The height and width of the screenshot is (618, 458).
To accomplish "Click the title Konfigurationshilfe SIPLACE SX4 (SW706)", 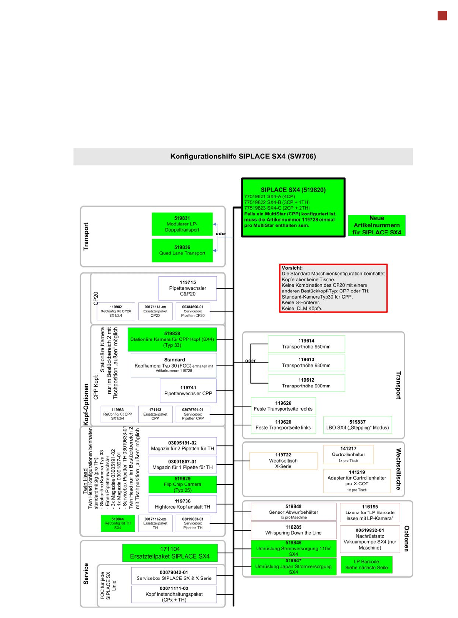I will pos(243,156).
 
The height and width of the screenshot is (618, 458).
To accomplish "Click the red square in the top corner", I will pos(442,16).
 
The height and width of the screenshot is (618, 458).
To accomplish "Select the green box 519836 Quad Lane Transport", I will pos(182,250).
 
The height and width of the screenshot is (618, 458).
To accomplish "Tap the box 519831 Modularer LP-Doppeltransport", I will pos(182,224).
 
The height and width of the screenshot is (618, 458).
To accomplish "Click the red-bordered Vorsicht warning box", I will pos(333,288).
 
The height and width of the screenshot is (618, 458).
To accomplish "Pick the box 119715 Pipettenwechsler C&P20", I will pos(187,288).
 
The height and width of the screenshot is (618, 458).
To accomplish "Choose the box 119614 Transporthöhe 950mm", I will pos(306,344).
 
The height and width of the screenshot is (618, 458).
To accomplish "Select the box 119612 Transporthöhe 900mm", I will pos(306,383).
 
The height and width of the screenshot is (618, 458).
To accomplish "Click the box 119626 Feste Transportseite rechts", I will pos(283,406).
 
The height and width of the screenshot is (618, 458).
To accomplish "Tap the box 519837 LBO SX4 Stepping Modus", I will pos(357,425).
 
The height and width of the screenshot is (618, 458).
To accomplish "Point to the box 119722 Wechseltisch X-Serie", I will pos(283,461).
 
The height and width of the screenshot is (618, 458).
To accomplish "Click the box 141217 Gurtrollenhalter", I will pos(348,454).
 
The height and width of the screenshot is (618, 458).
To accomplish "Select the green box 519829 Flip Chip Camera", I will pos(182,484).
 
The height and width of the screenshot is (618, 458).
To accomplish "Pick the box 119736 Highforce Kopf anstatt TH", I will pos(182,504).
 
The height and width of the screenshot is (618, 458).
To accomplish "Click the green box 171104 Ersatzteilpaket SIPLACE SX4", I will pos(170,553).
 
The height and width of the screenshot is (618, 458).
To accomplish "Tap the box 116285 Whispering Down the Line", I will pos(293,530).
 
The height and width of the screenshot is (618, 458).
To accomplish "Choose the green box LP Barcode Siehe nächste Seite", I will pos(366,565).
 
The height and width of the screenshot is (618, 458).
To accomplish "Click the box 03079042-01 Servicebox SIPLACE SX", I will pos(174,575).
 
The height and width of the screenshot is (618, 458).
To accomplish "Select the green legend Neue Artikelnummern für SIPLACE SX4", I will pos(376,225).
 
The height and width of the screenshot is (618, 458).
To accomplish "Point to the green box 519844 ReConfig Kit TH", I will pos(117,523).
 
